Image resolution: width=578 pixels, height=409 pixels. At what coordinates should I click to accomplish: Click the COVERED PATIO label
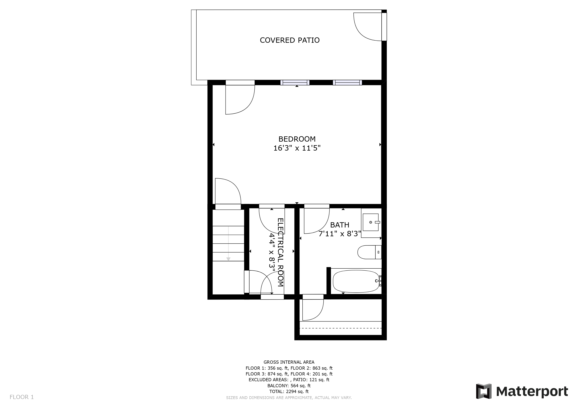[x=290, y=40]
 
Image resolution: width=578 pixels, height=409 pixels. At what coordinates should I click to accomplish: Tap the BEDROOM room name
[x=297, y=139]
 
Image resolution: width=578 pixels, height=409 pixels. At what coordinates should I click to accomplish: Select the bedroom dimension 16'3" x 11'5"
[x=297, y=148]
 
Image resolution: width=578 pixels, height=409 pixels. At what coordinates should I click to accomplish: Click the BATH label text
[x=340, y=225]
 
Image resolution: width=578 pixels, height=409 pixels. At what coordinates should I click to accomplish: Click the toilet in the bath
[x=369, y=252]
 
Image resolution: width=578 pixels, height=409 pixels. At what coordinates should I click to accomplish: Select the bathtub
[x=356, y=281]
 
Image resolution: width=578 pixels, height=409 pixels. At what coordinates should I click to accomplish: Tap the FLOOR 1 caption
[x=22, y=397]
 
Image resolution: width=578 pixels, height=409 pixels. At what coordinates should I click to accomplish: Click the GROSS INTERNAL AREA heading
[x=289, y=362]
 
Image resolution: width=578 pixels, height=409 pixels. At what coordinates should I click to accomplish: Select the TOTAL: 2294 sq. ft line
[x=289, y=391]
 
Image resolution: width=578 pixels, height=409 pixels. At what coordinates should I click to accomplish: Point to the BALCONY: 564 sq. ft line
[x=289, y=386]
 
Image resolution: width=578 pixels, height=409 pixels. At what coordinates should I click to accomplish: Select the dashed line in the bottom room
[x=341, y=328]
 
